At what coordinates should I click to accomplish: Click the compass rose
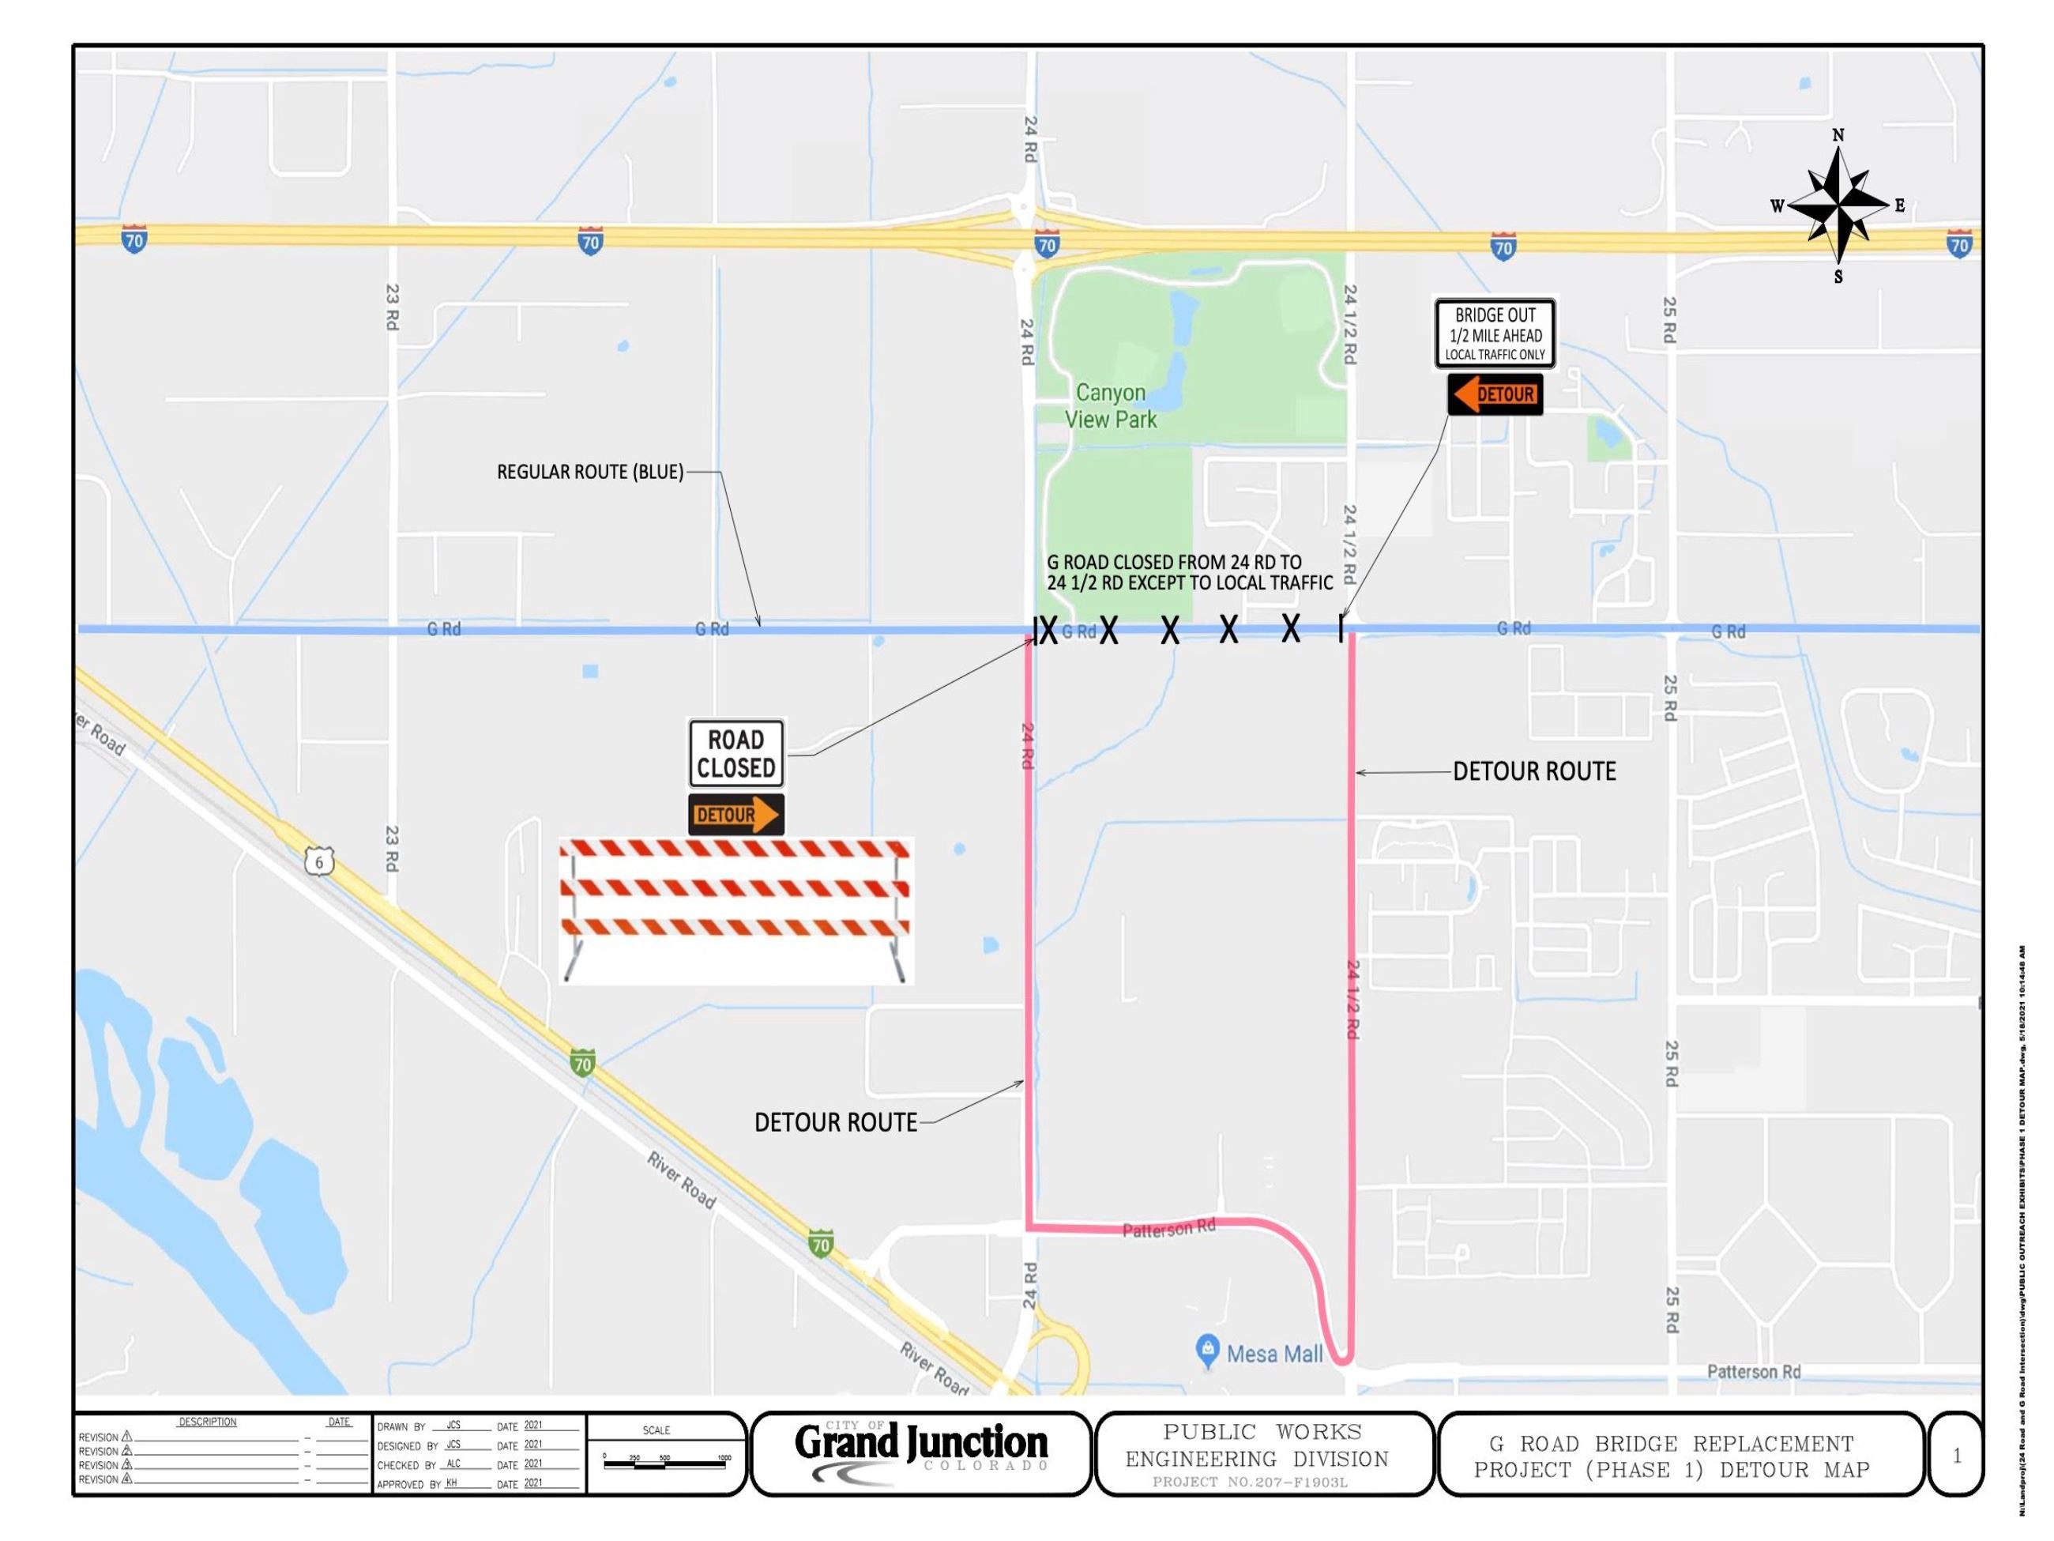[x=1838, y=205]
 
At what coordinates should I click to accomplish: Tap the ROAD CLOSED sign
[x=735, y=753]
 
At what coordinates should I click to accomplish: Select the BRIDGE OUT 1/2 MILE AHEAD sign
[x=1494, y=333]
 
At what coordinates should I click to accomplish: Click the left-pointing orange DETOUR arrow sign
[x=1494, y=395]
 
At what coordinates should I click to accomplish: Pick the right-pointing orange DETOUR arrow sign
[x=735, y=815]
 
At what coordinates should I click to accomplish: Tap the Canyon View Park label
[x=1111, y=406]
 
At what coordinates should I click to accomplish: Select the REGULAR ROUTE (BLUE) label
[x=589, y=472]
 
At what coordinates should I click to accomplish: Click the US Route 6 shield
[x=318, y=862]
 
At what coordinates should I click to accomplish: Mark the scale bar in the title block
[x=664, y=1463]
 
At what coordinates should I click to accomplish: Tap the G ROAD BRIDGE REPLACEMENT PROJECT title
[x=1672, y=1456]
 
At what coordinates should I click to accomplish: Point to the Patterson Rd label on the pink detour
[x=1168, y=1229]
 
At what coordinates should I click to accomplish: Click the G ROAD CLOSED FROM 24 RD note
[x=1189, y=572]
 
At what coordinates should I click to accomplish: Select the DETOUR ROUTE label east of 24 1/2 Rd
[x=1534, y=771]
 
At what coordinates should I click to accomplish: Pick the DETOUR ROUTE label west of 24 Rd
[x=836, y=1122]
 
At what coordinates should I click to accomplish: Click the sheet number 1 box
[x=1957, y=1456]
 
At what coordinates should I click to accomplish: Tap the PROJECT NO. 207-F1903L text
[x=1249, y=1482]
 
